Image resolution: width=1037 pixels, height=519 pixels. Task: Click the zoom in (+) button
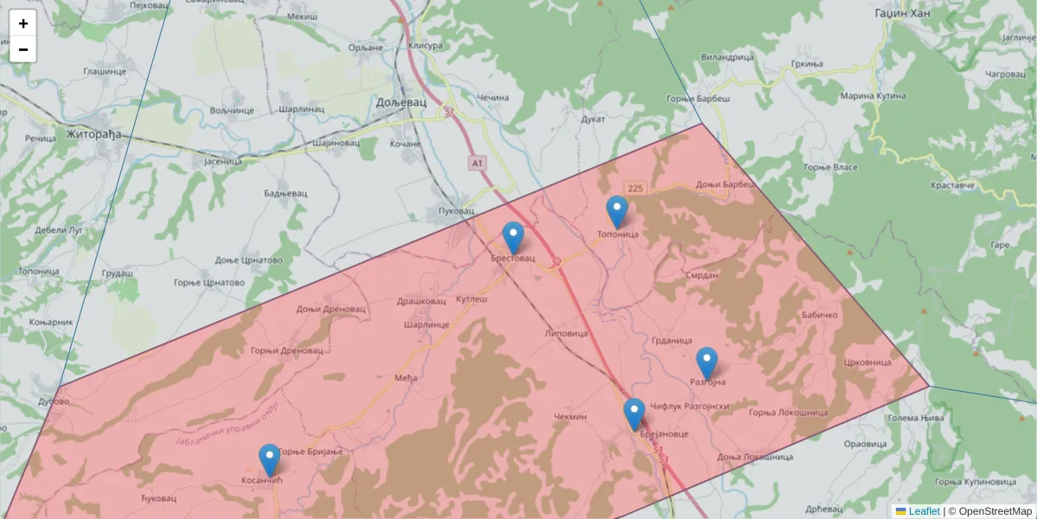(x=23, y=23)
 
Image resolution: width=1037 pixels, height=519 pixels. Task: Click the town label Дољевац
(x=402, y=102)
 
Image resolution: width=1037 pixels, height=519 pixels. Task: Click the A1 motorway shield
(x=477, y=162)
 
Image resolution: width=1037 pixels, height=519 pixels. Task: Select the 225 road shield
(x=636, y=189)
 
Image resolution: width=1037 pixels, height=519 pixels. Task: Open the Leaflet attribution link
(x=924, y=511)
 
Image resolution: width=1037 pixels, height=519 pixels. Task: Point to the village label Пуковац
(x=457, y=211)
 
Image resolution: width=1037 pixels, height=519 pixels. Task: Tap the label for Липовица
(x=567, y=333)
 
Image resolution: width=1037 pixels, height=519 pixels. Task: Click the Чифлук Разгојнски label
(x=690, y=406)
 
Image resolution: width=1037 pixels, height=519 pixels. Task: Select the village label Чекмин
(x=570, y=416)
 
